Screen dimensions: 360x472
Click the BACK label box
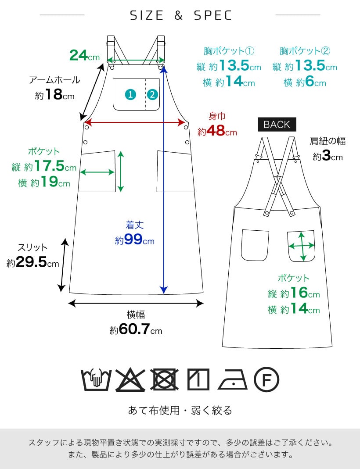tap(277, 124)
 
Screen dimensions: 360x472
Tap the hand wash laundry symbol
tap(96, 379)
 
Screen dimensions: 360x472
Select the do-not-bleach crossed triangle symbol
tap(130, 379)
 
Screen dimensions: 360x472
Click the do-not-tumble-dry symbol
tap(165, 379)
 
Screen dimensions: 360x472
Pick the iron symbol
tap(233, 380)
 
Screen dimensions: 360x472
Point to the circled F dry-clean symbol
tap(266, 379)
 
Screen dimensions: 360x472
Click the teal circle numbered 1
tap(130, 94)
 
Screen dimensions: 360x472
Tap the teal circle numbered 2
tap(152, 94)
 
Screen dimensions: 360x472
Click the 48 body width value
tap(216, 131)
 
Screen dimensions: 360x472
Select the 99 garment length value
tap(133, 240)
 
